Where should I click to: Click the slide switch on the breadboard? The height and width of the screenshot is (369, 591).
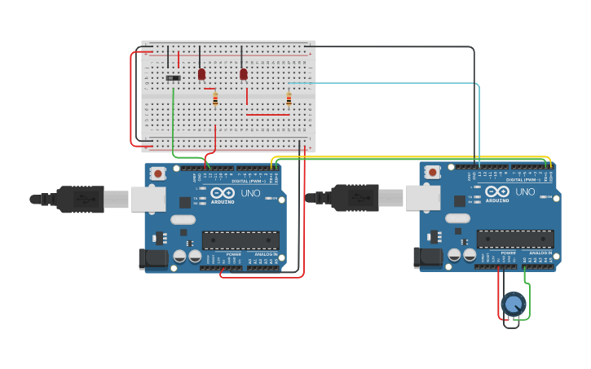[x=173, y=78]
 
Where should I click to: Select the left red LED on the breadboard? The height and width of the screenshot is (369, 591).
[x=201, y=74]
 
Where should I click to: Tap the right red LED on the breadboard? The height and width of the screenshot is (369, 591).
[x=243, y=74]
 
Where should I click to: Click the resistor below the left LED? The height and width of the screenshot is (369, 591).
[x=215, y=99]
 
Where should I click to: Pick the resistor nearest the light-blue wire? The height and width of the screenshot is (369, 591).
[x=289, y=99]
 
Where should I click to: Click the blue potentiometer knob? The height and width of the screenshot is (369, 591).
[x=513, y=304]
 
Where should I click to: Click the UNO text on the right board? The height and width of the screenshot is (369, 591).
[x=525, y=191]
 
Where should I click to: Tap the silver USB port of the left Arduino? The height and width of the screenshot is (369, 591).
[x=148, y=200]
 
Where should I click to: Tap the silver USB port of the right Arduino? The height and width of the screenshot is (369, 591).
[x=423, y=199]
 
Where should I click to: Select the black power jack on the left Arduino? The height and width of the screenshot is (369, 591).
[x=152, y=259]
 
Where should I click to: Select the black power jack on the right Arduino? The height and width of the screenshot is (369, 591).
[x=426, y=258]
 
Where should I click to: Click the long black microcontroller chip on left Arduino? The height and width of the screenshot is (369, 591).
[x=240, y=240]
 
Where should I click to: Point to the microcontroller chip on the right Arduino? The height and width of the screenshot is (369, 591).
[x=515, y=239]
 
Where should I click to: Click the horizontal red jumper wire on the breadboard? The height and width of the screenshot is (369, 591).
[x=267, y=115]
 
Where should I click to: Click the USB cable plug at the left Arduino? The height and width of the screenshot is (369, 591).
[x=81, y=199]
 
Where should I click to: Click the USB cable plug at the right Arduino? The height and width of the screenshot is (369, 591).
[x=355, y=198]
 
